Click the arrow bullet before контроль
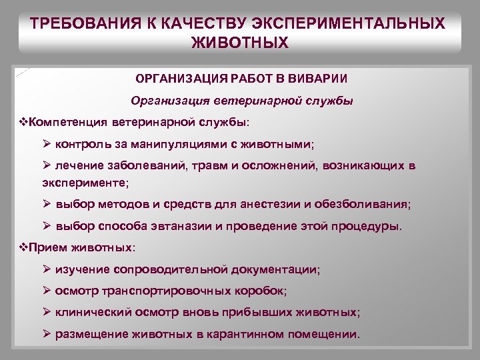click(46, 144)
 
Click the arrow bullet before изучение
click(46, 269)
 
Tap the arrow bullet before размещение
click(46, 333)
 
